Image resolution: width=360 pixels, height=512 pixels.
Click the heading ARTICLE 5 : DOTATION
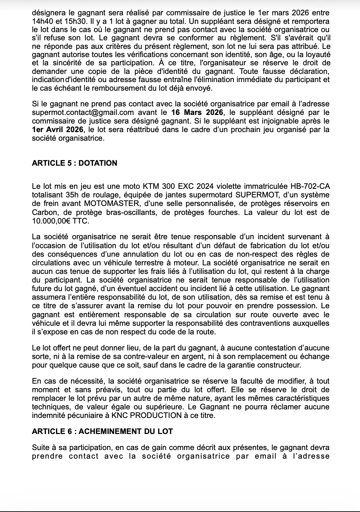[x=74, y=163]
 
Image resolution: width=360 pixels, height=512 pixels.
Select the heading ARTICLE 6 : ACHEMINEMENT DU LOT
[x=102, y=431]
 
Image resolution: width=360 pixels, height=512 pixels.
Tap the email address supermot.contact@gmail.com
[x=83, y=112]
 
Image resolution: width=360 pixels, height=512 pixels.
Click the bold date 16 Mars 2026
[x=197, y=112]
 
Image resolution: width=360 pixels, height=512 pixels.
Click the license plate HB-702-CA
[x=306, y=186]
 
